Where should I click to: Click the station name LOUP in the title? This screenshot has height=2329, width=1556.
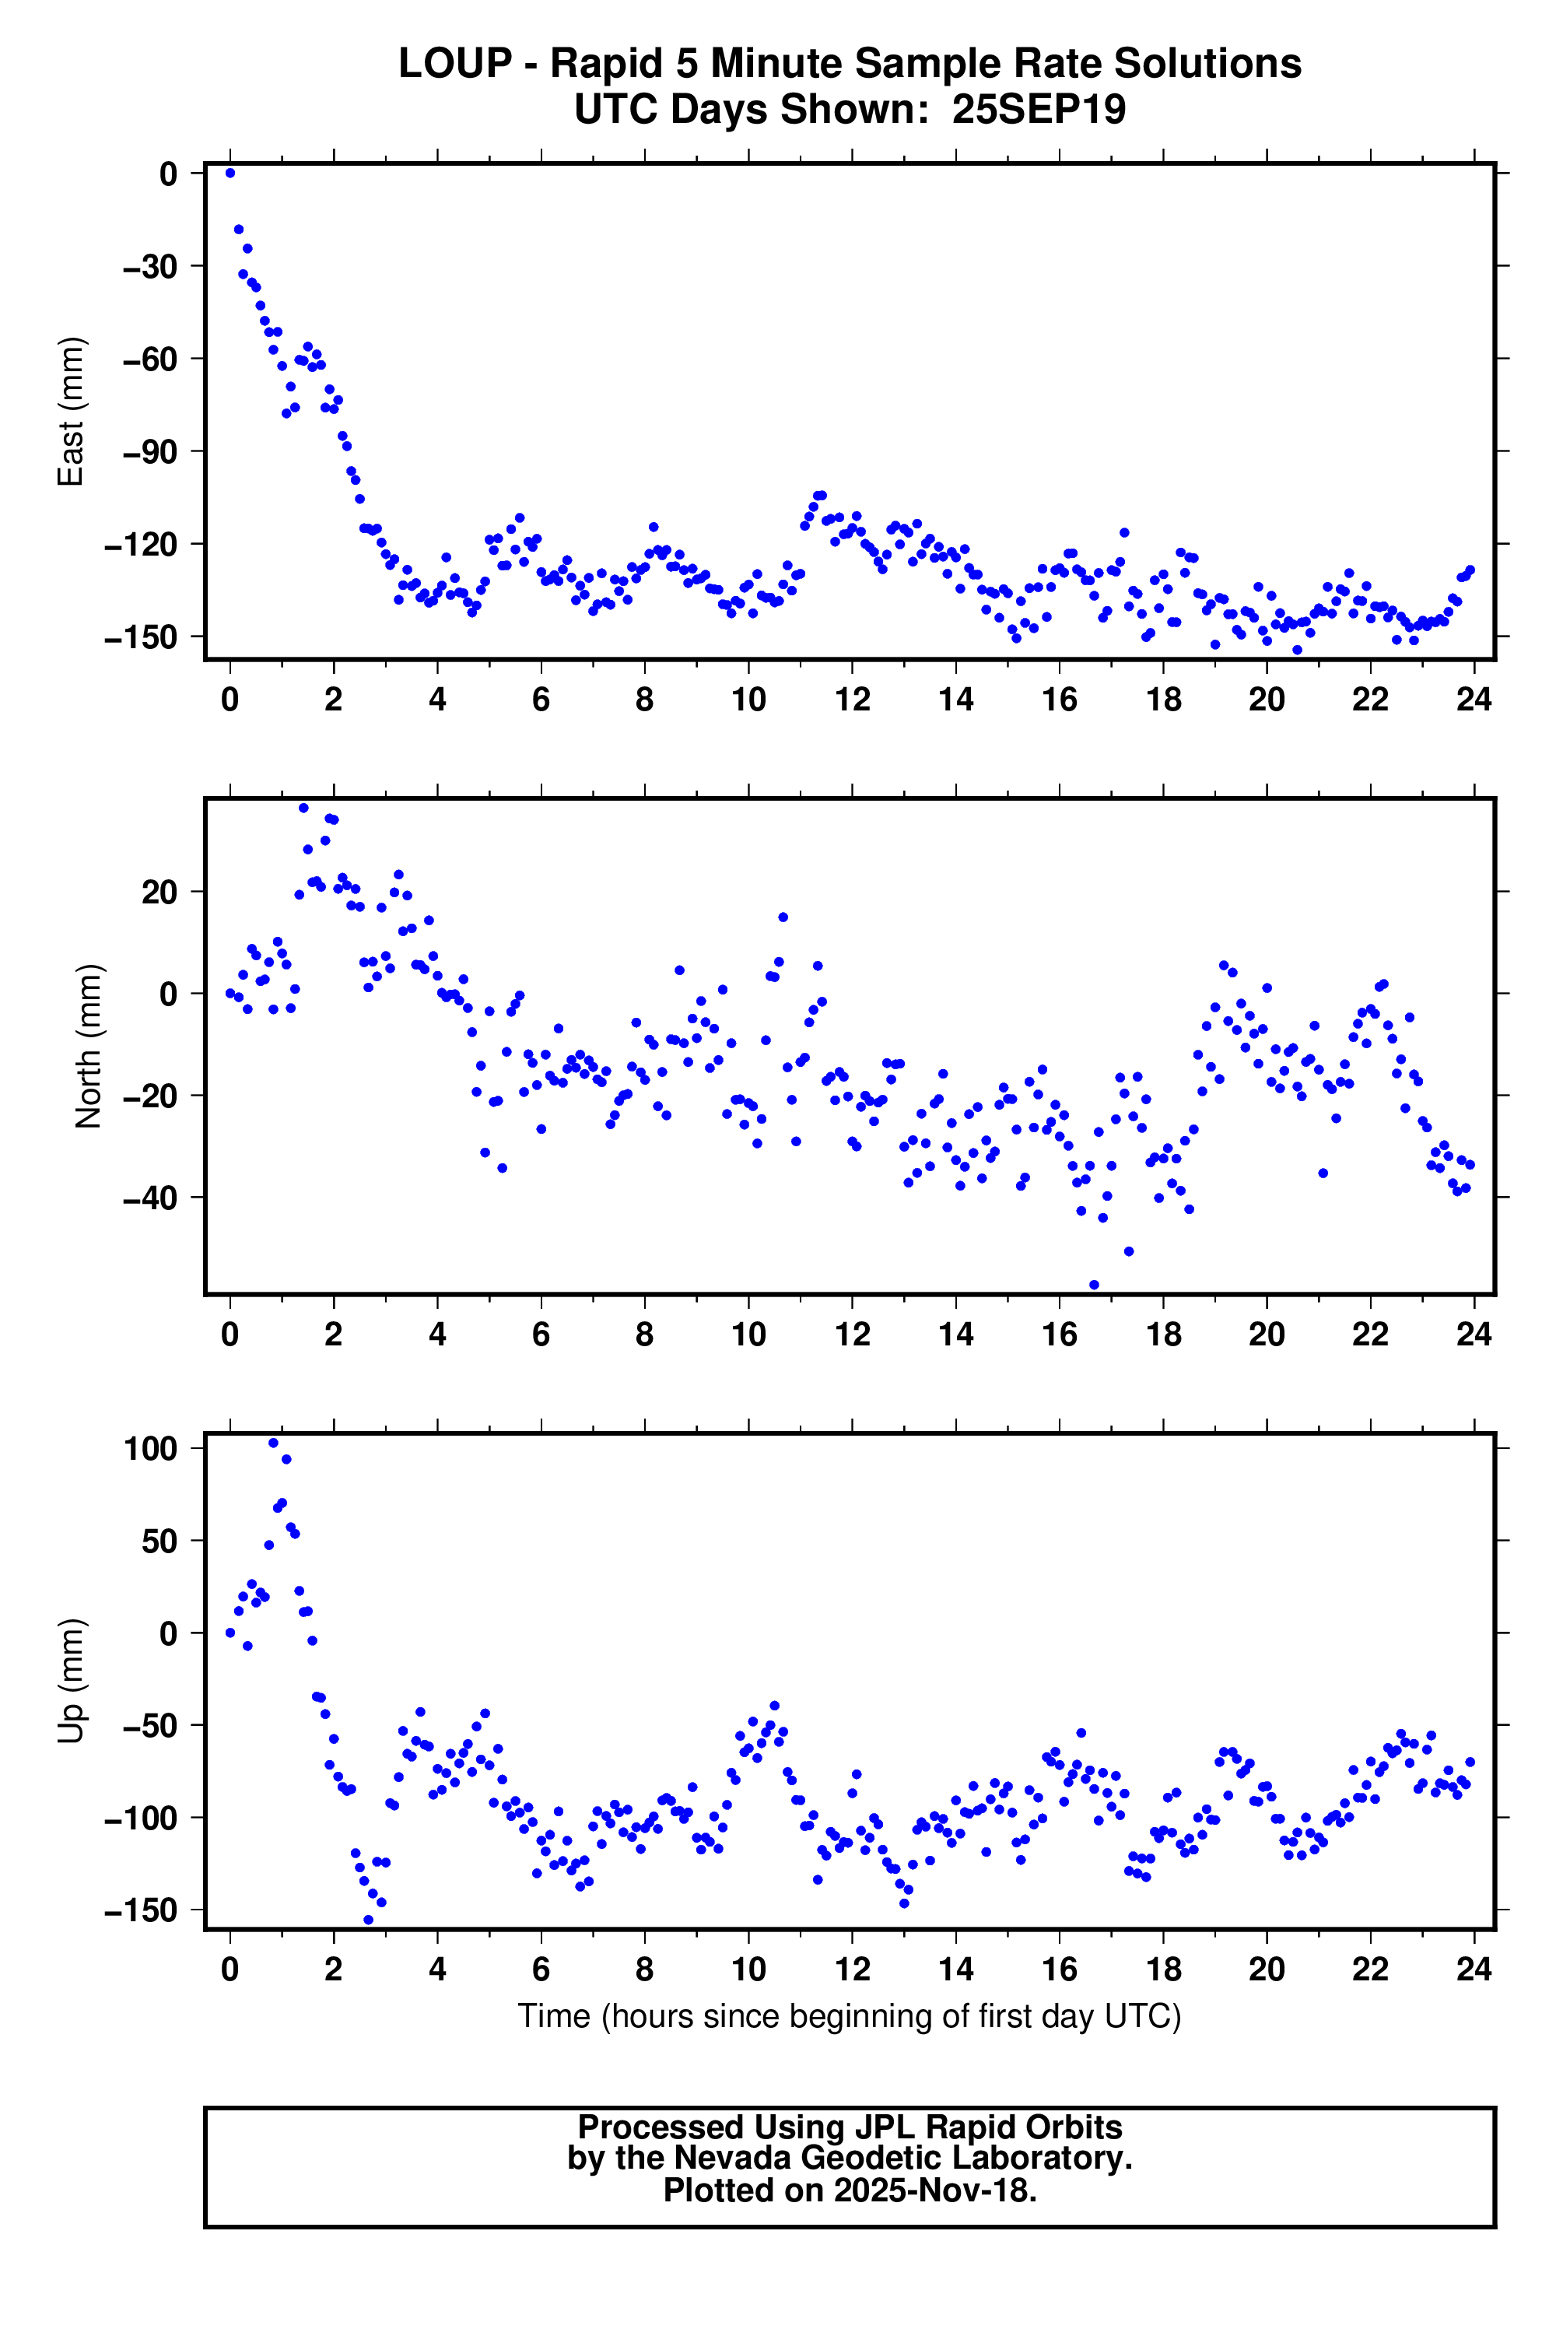[x=454, y=64]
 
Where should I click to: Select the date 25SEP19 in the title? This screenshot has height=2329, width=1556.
[x=1039, y=109]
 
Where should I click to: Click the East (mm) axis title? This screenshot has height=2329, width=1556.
[x=71, y=411]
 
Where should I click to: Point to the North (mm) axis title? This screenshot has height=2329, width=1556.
[x=89, y=1046]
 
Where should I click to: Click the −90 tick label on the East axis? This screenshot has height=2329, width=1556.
[x=149, y=451]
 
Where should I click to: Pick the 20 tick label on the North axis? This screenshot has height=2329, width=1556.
[x=159, y=892]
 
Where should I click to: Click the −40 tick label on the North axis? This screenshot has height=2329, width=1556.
[x=149, y=1198]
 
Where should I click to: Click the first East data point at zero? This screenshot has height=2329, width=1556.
[x=230, y=173]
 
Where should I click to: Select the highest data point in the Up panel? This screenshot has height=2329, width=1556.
[x=274, y=1443]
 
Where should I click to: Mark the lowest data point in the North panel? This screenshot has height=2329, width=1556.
[x=1095, y=1285]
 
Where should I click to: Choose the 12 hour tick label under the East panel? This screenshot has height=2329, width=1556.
[x=853, y=700]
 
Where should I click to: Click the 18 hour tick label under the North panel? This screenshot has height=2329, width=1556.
[x=1163, y=1335]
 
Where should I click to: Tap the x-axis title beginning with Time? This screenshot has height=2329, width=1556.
[x=850, y=2016]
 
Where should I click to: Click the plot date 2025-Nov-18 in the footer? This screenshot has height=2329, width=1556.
[x=935, y=2190]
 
